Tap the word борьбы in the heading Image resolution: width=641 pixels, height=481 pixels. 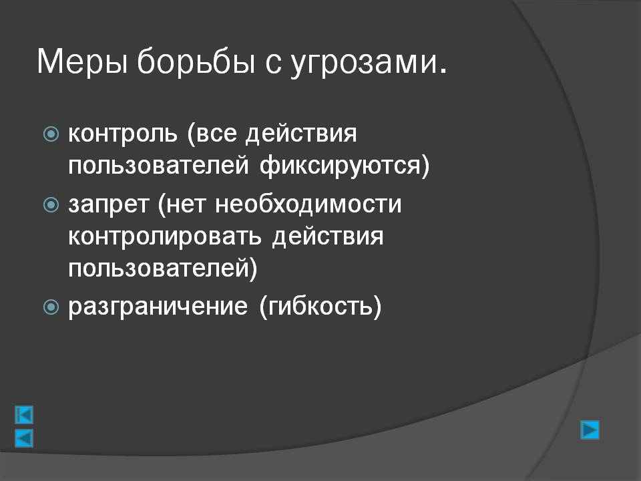click(196, 61)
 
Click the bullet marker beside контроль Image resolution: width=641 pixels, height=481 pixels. click(51, 134)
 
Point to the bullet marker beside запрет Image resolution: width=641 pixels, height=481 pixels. click(51, 204)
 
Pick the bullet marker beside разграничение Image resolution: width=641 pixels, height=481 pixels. click(51, 307)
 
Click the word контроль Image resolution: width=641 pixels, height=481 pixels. click(123, 134)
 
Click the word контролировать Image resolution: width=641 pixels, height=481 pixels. click(165, 237)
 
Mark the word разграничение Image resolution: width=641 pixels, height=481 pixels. click(158, 307)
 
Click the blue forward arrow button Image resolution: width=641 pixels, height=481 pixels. click(590, 430)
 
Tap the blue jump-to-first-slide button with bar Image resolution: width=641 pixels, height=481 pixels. click(24, 415)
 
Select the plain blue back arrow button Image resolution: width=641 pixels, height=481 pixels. click(24, 438)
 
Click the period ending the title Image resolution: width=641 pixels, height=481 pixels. click(443, 72)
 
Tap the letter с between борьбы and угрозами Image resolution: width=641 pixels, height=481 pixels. click(272, 65)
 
